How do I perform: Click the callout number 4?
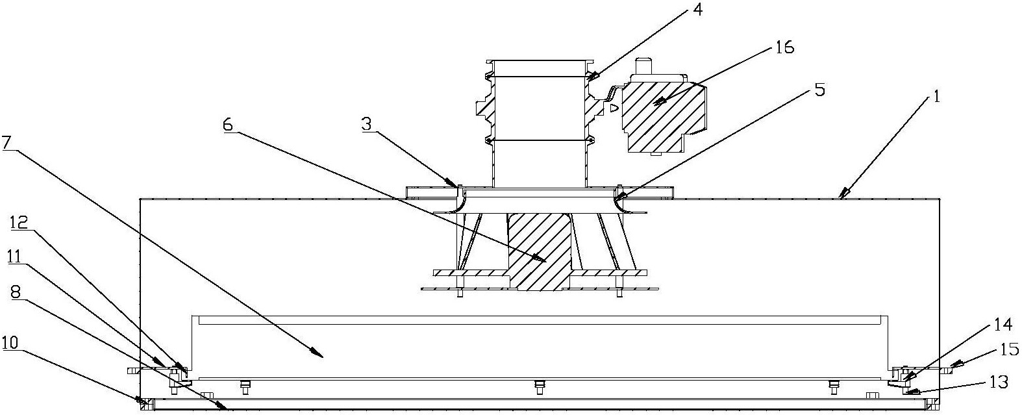[696, 10]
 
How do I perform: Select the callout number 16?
[784, 47]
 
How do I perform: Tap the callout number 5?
[819, 90]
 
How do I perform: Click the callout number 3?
[368, 124]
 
